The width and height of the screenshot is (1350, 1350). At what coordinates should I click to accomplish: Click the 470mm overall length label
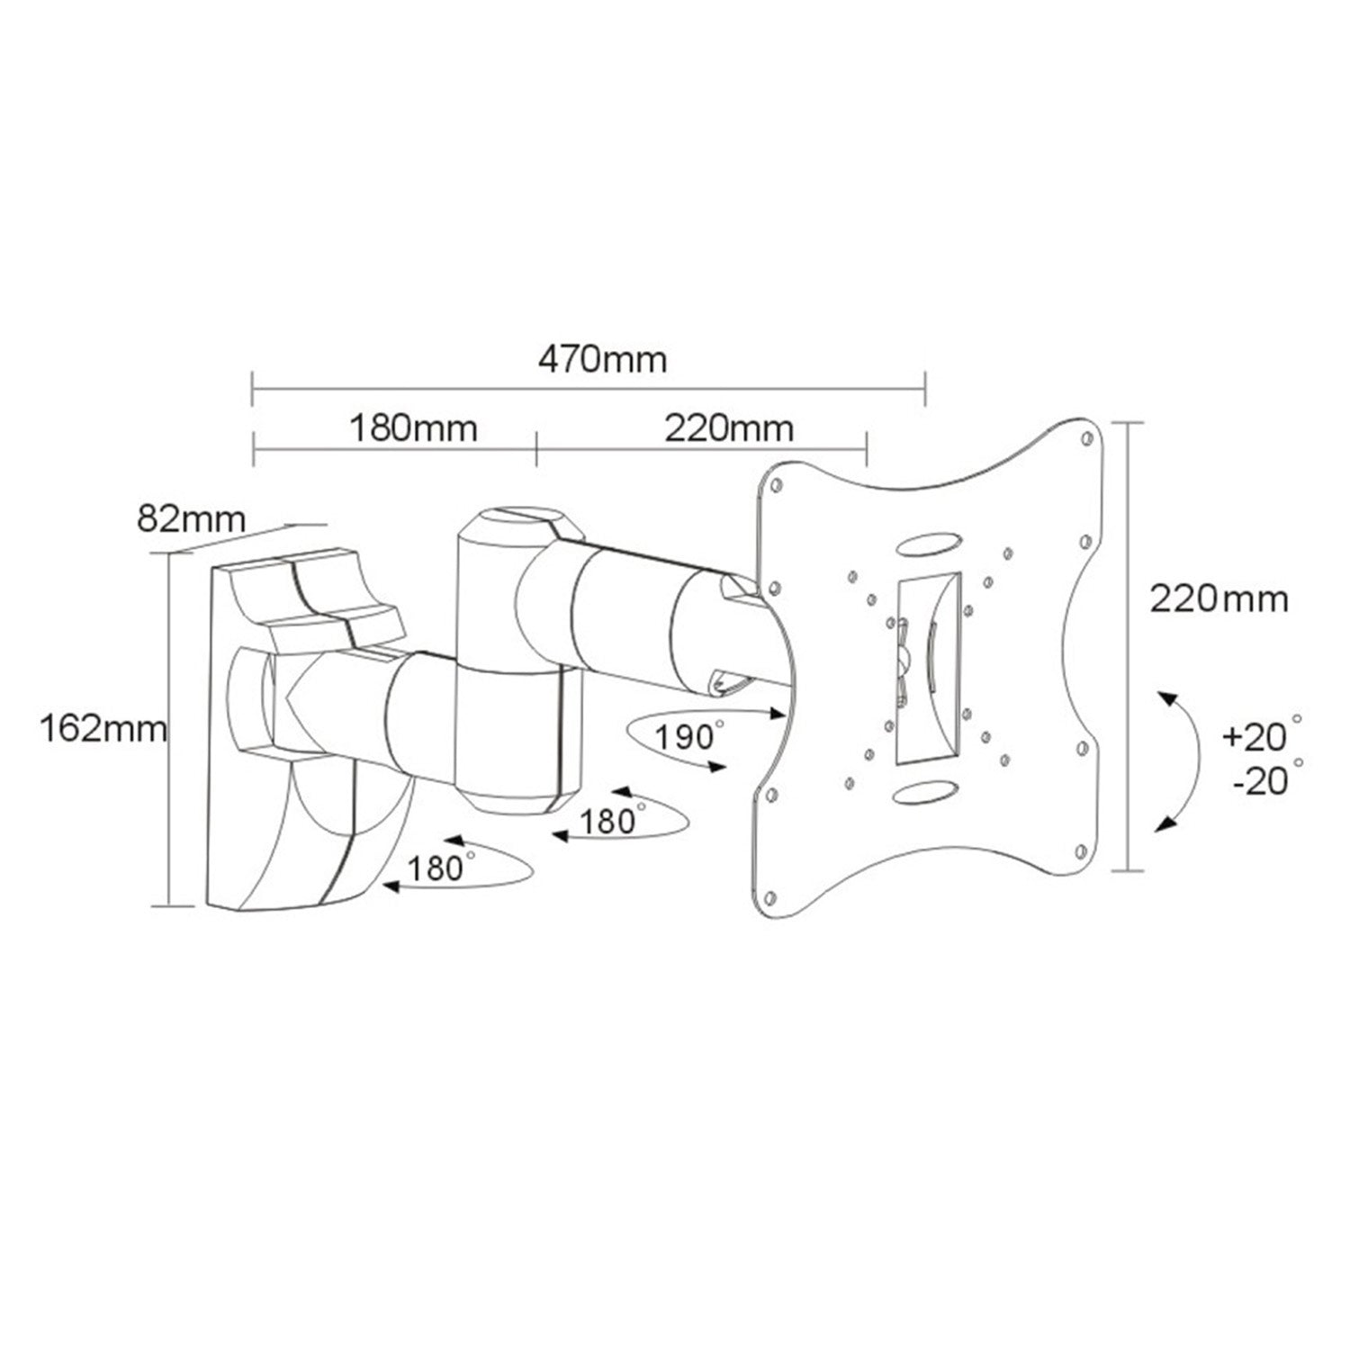pos(602,359)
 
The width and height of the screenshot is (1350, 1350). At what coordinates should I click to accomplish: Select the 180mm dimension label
pos(413,428)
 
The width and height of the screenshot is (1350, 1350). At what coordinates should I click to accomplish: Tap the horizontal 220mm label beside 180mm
pos(729,428)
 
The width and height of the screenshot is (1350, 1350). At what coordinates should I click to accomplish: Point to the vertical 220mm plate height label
pos(1219,598)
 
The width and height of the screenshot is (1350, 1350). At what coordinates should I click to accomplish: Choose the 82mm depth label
pos(191,519)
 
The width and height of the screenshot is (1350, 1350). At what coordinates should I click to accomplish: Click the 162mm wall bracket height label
pos(103,728)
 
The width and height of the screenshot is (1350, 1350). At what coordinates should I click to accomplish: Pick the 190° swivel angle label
pos(688,736)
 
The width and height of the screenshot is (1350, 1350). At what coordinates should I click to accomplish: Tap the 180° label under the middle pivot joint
pos(612,821)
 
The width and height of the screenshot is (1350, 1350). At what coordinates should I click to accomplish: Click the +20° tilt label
pos(1263,735)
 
